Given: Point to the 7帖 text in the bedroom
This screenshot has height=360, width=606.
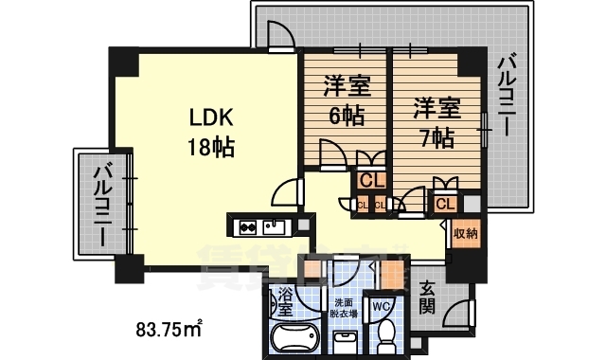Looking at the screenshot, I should tap(436, 137).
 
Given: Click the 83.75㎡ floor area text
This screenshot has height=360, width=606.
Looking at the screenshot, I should tap(169, 331).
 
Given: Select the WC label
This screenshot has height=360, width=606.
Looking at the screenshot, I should tap(382, 307).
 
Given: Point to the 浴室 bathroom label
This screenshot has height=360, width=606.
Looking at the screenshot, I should tap(283, 304).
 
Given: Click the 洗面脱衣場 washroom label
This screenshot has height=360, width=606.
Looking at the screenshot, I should tap(343, 309).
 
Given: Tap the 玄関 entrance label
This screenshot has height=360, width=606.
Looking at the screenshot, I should tap(428, 297).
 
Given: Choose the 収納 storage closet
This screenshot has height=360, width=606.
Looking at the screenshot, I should tap(465, 233).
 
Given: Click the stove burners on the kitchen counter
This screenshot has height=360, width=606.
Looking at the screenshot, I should tap(248, 226).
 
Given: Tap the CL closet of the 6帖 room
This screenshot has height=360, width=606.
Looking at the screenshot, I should tap(370, 178).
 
